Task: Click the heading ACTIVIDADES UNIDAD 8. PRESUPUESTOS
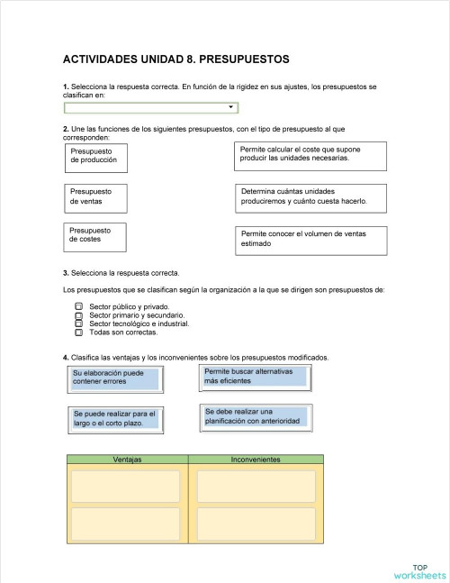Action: [x=175, y=59]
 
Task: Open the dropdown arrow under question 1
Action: [x=231, y=107]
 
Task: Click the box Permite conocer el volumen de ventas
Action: [x=310, y=239]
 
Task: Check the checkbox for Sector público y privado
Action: [x=78, y=307]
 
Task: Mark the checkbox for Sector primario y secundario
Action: [x=78, y=315]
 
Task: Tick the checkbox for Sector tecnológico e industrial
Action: [x=78, y=323]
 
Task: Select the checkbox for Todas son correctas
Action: [x=78, y=332]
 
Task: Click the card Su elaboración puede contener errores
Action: [x=114, y=378]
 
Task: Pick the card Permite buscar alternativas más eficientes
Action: [x=256, y=377]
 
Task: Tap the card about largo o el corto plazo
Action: [x=114, y=418]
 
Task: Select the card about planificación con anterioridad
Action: [x=256, y=416]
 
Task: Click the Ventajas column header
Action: [x=127, y=460]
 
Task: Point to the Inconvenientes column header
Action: [x=256, y=460]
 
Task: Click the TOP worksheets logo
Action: [x=418, y=570]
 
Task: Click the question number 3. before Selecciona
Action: [x=66, y=272]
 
